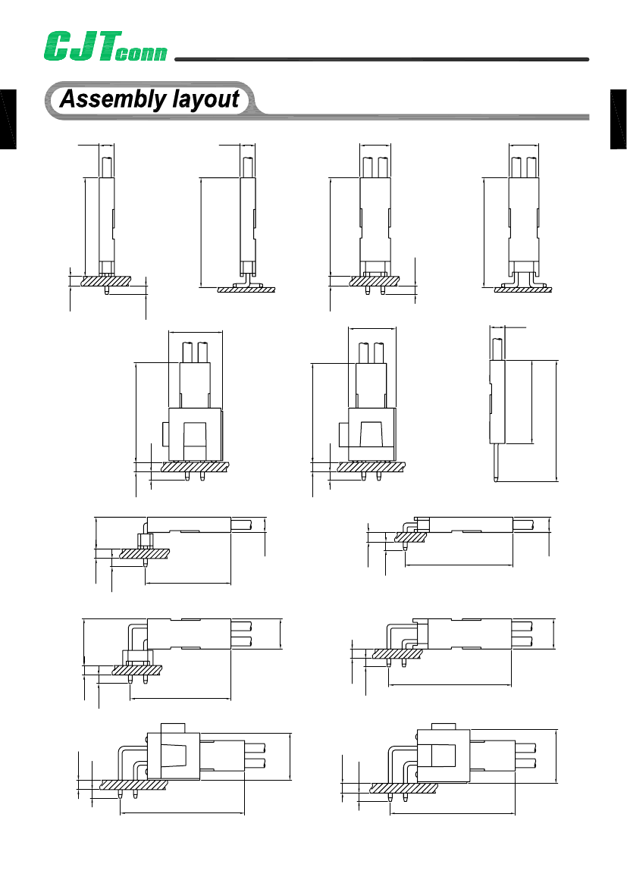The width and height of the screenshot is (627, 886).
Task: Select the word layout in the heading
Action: (205, 100)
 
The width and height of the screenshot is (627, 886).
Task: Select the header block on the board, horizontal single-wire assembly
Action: (144, 540)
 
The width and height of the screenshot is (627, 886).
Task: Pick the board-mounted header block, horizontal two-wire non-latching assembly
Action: (134, 656)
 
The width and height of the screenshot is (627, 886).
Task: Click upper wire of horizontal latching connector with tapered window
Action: (256, 747)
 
